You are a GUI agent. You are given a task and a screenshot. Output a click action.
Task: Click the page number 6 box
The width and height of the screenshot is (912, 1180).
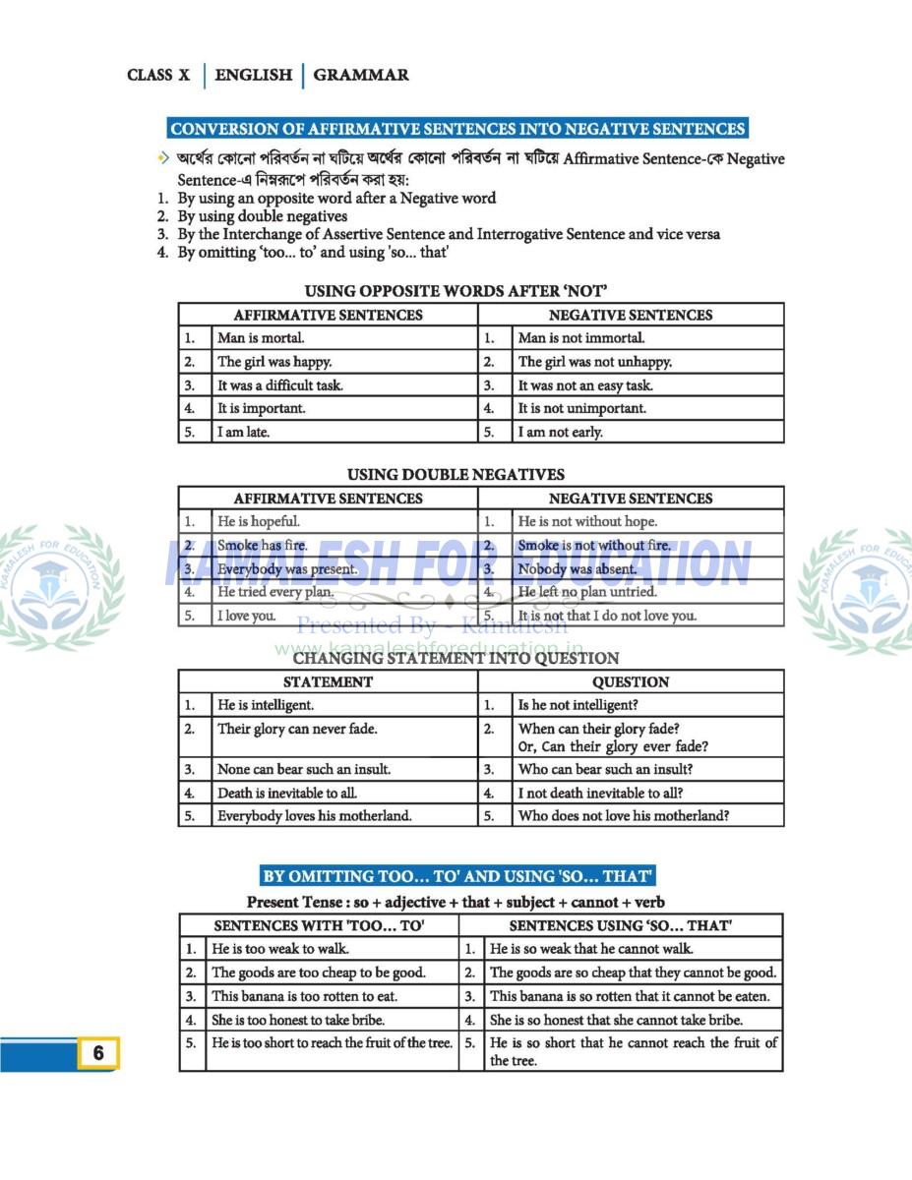tap(97, 1053)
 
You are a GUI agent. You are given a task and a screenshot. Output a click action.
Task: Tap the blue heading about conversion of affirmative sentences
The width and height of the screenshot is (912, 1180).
tap(457, 129)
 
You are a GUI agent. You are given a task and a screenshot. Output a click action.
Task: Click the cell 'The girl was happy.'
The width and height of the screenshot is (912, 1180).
tap(274, 362)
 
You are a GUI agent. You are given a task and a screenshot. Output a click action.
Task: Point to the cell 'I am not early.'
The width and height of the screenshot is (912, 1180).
tap(560, 432)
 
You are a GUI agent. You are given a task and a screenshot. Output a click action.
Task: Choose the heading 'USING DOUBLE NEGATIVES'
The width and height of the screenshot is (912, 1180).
tap(456, 475)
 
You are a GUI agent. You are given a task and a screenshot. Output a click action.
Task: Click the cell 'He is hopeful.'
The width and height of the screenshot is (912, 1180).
tap(259, 522)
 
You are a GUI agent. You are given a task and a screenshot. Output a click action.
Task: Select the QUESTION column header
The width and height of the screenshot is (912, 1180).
tap(631, 681)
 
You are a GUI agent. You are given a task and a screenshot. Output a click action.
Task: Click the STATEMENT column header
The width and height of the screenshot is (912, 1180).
tap(328, 681)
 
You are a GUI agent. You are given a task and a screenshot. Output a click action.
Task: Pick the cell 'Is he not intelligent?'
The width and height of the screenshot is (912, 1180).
tap(578, 705)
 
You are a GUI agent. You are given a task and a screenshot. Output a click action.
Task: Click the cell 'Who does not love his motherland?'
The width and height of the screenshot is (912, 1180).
tap(624, 815)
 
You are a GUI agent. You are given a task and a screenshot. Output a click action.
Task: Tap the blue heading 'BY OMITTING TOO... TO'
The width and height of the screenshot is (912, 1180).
tap(457, 876)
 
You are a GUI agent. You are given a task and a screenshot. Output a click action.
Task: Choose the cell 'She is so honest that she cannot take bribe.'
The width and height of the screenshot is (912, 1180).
tap(616, 1020)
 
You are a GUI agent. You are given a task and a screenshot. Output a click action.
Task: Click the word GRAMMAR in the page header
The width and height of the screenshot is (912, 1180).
tap(361, 75)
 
